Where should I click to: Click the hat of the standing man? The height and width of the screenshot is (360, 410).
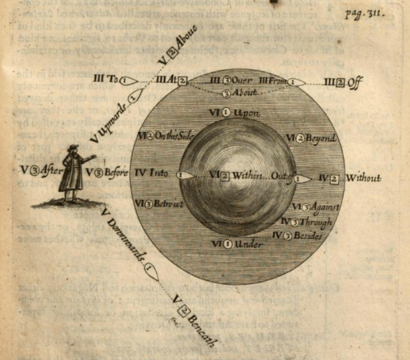click(x=73, y=148)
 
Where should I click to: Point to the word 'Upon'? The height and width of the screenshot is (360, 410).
click(x=247, y=113)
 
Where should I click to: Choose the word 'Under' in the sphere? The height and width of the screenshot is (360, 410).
click(x=248, y=244)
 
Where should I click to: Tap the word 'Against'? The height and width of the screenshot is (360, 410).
click(x=324, y=209)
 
